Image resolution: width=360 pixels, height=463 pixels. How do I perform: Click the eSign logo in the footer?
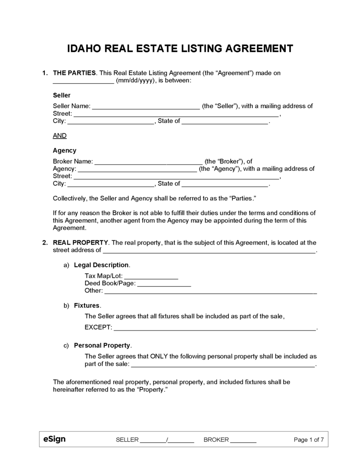click(54, 439)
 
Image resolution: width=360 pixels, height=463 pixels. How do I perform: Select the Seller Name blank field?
click(146, 107)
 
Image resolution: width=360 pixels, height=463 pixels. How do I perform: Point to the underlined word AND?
click(60, 135)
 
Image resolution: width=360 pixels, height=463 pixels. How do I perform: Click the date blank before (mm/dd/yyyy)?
click(83, 80)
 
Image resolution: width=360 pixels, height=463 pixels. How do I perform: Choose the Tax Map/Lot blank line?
click(151, 276)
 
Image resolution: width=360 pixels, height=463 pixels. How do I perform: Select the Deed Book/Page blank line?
click(164, 283)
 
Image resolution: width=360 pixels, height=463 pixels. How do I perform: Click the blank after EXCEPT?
click(214, 327)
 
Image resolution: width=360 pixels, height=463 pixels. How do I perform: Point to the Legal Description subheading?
click(101, 265)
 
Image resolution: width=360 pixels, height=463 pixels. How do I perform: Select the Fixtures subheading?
click(86, 306)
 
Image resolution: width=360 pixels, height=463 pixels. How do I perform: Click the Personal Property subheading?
click(102, 345)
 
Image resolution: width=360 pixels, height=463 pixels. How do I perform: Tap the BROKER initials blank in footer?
click(243, 440)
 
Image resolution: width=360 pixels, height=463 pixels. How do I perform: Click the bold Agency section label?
click(65, 151)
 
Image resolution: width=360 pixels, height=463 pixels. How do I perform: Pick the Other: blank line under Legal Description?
click(210, 291)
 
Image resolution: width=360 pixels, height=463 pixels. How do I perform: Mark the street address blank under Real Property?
click(209, 250)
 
